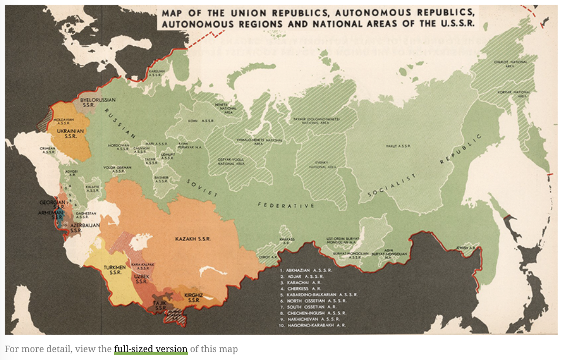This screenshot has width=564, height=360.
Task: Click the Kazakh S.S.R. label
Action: coord(193,239)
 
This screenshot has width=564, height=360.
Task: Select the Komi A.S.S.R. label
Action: coord(197,121)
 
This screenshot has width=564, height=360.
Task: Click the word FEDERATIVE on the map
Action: coord(286,205)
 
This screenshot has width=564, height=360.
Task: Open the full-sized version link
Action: coord(150,349)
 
